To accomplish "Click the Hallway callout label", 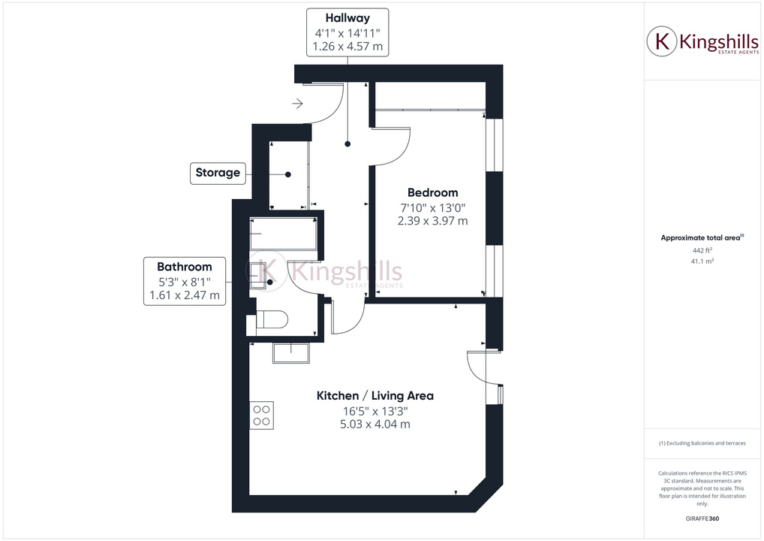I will point(347,17).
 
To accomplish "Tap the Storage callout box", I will point(218,173).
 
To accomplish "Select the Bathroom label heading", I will point(184,266).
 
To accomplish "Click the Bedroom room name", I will point(432,192).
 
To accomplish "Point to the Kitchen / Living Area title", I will point(374,395).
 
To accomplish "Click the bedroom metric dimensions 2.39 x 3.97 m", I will point(432,221).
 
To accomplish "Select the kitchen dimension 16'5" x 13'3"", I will point(374,411).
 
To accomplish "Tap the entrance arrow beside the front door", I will point(298,104).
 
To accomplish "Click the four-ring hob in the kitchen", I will point(262,415).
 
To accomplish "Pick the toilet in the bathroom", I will point(270,321).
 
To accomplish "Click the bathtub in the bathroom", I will point(284,234).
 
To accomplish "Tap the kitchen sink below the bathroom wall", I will point(292,352).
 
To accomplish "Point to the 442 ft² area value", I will point(702,250).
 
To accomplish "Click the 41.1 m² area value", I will point(702,261).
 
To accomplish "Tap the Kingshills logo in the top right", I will point(702,42).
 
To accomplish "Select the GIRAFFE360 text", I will point(702,518).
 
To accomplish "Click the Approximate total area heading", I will point(701,237).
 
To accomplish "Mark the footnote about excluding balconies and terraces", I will point(702,443).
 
